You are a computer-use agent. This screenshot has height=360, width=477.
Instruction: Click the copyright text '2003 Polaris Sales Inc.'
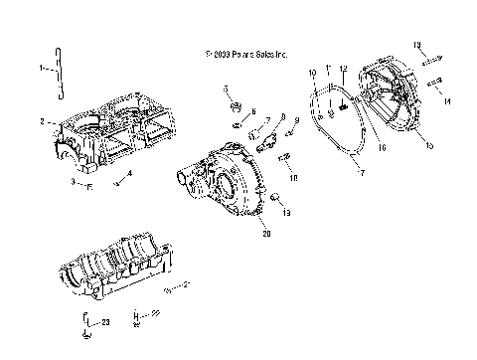[x=244, y=57]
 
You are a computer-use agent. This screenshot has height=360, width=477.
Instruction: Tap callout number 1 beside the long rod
[x=41, y=69]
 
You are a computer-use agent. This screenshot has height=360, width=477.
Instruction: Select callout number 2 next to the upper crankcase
[x=43, y=121]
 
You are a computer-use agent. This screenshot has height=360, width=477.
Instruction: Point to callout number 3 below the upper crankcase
[x=72, y=184]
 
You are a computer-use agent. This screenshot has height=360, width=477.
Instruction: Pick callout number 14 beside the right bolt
[x=448, y=101]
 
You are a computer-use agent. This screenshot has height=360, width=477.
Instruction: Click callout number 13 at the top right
[x=417, y=45]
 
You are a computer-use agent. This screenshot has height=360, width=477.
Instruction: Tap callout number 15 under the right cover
[x=428, y=145]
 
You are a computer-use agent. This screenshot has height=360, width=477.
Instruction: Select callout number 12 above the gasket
[x=343, y=68]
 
